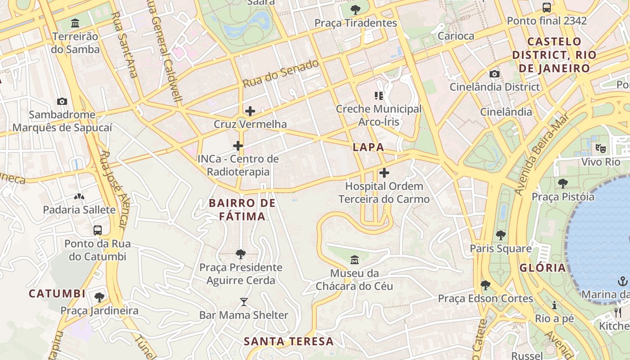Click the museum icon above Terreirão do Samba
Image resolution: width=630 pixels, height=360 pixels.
click(75, 23)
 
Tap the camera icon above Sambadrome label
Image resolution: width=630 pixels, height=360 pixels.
click(62, 102)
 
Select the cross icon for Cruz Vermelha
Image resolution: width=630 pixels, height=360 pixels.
click(250, 111)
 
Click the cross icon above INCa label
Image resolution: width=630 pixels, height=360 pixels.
click(238, 146)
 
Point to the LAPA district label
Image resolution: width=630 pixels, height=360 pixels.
click(369, 147)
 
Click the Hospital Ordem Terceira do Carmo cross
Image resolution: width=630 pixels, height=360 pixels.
click(384, 173)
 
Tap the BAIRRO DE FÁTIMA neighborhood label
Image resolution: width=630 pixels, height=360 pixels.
click(242, 210)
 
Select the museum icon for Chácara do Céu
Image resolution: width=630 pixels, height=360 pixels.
click(355, 260)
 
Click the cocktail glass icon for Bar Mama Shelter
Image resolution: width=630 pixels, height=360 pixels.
click(243, 301)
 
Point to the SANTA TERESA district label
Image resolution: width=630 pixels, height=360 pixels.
click(289, 341)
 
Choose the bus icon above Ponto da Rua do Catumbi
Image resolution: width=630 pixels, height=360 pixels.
click(98, 230)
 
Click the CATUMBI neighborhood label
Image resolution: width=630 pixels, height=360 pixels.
click(57, 294)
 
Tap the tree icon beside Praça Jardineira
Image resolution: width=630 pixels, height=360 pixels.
click(99, 297)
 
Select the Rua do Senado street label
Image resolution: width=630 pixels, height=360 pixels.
click(281, 74)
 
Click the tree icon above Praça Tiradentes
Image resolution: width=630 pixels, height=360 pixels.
click(355, 9)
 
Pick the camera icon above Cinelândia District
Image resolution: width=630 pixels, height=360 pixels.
click(495, 74)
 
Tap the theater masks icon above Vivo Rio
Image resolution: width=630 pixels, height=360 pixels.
click(600, 148)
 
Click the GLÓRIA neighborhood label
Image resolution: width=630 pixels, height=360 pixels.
click(543, 268)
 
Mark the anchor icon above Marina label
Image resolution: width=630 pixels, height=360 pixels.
click(622, 282)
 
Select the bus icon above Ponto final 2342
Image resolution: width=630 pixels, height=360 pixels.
click(547, 8)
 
